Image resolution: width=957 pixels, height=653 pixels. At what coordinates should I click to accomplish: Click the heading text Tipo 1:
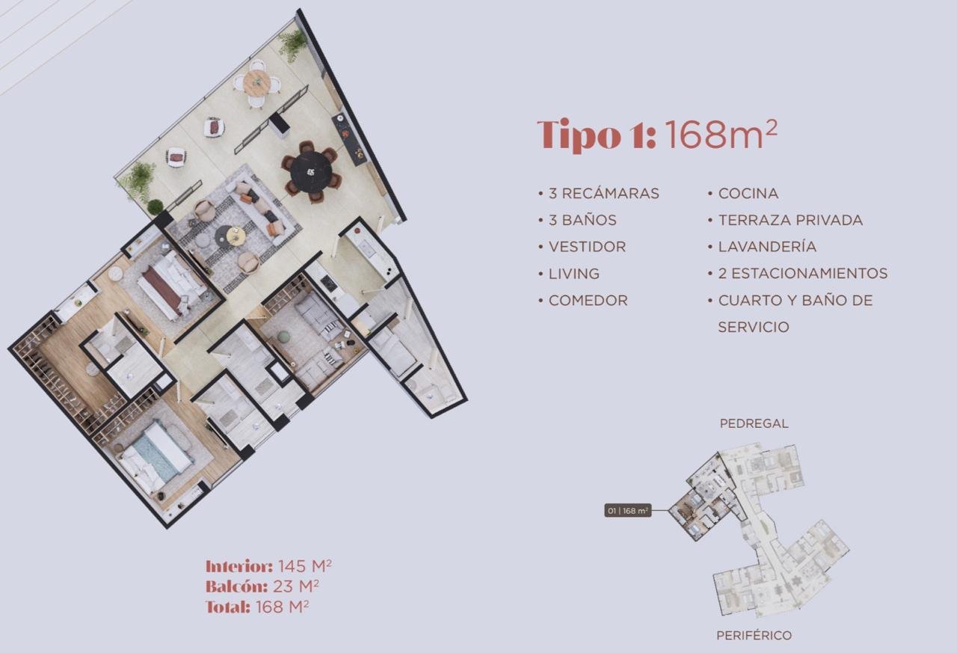[x=597, y=135]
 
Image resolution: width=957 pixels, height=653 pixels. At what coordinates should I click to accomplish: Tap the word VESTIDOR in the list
[x=587, y=247]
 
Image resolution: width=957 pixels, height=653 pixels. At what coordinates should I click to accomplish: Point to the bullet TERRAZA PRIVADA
[x=790, y=220]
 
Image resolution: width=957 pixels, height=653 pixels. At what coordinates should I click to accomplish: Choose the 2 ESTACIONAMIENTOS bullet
[x=803, y=274]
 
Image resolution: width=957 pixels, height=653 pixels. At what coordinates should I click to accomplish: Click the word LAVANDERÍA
[x=767, y=247]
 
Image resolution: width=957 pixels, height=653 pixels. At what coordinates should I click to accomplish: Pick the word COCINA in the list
[x=748, y=194]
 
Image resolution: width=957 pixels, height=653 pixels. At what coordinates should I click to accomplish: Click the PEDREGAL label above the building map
[x=754, y=423]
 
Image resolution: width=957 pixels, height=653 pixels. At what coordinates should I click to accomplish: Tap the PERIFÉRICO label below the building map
[x=754, y=636]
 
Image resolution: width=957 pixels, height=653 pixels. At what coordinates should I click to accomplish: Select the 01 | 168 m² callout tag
[x=627, y=510]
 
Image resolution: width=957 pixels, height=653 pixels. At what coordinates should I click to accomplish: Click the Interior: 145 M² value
[x=268, y=566]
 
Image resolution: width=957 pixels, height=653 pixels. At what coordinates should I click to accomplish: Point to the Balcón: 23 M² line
[x=262, y=586]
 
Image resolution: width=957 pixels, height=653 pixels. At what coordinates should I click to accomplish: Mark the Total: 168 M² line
[x=257, y=607]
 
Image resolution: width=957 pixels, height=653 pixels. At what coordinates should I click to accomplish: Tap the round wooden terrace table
[x=256, y=82]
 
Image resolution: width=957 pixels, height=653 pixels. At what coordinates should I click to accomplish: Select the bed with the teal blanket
[x=155, y=456]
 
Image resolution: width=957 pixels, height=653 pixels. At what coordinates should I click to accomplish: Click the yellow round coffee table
[x=236, y=236]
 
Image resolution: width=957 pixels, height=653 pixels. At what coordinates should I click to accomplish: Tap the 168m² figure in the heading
[x=721, y=134]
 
